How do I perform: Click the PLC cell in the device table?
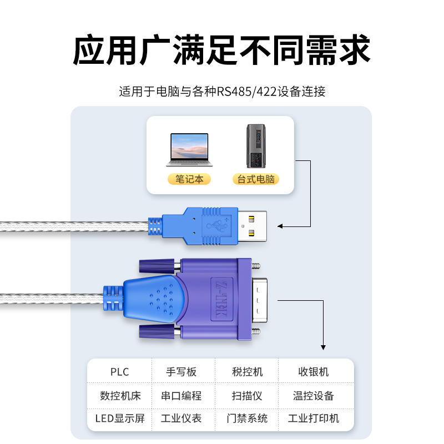coord(119,372)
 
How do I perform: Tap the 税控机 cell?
coord(247,372)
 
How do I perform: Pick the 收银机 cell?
coord(314,372)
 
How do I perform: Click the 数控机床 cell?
coord(120,396)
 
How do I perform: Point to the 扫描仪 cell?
coord(247,396)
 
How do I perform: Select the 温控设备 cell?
coord(314,396)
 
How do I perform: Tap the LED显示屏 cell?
coord(120,418)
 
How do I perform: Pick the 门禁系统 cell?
coord(247,418)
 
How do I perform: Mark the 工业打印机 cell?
coord(314,418)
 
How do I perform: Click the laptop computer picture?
coord(189,149)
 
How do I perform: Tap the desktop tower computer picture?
coord(256,146)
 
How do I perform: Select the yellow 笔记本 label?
coord(189,179)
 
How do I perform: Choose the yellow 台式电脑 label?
coord(256,179)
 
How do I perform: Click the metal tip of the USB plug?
coord(253,226)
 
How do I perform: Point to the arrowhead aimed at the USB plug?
coord(280,226)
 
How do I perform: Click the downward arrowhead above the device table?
coord(323,347)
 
